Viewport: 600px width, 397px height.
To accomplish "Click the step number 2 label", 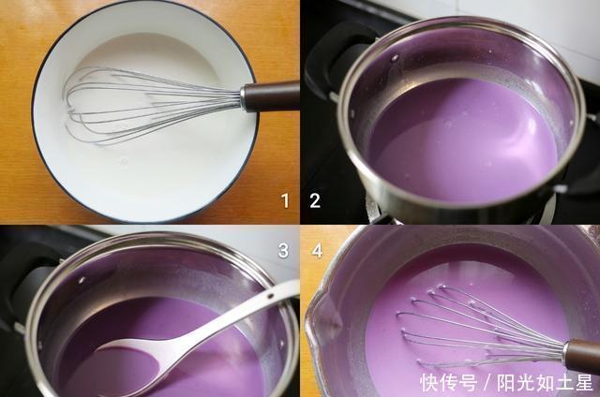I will point(315,199).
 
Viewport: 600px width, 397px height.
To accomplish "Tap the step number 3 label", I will point(282,250).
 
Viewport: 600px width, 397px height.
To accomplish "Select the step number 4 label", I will point(316,250).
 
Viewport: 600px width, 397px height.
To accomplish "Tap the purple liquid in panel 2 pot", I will point(459,140).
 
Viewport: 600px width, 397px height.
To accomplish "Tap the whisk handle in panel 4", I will point(581,355).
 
